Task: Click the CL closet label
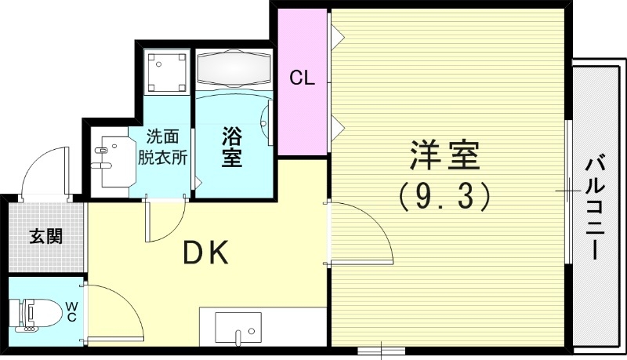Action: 302,78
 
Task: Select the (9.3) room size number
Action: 444,195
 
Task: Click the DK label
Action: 205,253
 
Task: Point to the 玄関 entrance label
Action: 46,235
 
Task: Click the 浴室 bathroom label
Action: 231,146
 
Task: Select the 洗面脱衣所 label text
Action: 162,146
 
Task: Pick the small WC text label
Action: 71,311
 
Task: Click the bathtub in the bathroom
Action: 233,69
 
